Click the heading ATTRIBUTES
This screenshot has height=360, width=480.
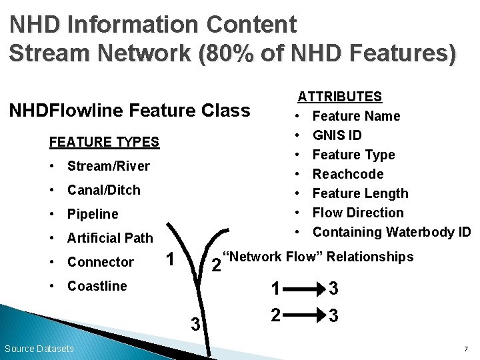[339, 97]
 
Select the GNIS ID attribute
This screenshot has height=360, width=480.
[337, 135]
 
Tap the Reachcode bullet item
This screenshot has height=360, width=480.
[348, 174]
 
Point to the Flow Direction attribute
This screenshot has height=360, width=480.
[358, 213]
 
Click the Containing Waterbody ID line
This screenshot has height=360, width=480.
[391, 232]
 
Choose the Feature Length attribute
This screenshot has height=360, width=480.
[360, 193]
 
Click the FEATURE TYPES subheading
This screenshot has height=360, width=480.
[105, 142]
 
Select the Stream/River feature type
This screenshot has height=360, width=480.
[108, 166]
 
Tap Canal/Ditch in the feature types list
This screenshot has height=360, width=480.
[103, 190]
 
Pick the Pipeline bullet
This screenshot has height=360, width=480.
[93, 214]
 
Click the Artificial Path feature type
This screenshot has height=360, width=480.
[110, 238]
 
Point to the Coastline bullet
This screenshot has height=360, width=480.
[97, 286]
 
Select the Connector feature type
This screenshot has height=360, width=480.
[101, 262]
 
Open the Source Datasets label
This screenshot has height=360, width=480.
[39, 349]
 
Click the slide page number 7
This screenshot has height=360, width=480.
[465, 349]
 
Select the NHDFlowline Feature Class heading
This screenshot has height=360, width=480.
[129, 110]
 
